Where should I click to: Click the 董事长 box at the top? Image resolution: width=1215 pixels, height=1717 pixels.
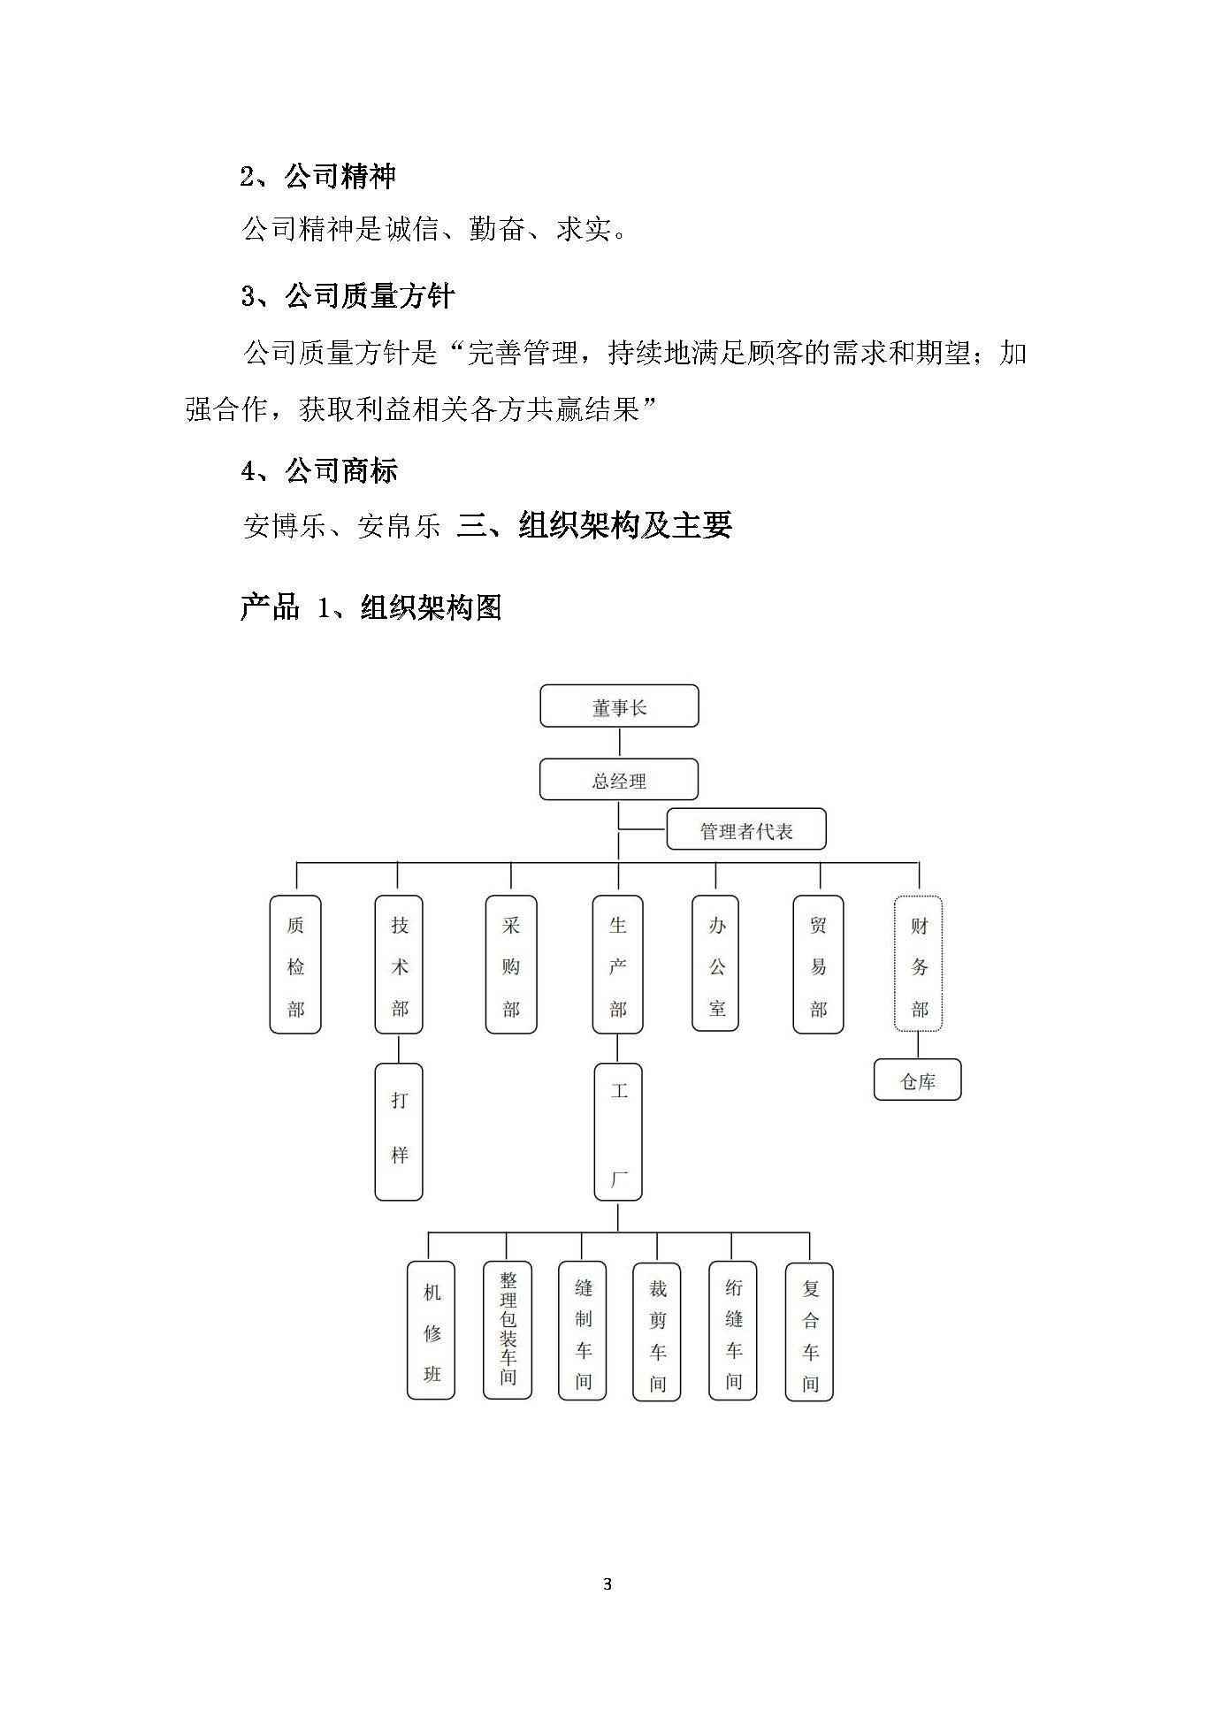[x=619, y=706]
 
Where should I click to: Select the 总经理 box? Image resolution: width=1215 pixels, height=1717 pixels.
[x=619, y=780]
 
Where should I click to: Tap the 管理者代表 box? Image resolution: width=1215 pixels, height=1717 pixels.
[x=746, y=829]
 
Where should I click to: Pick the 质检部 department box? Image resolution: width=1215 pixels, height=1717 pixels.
[x=295, y=965]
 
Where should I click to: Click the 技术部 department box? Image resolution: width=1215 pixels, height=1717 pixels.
[x=399, y=965]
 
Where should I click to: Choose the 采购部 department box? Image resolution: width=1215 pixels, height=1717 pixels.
[x=511, y=965]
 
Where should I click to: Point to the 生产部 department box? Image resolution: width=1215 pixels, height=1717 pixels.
[x=617, y=965]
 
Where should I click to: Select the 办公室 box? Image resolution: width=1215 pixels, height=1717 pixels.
[x=715, y=964]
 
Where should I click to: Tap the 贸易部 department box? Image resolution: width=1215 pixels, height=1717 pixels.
[x=819, y=965]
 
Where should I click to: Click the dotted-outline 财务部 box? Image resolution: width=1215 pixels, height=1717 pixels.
[x=919, y=964]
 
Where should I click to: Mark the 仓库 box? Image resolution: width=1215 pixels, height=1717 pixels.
[x=918, y=1080]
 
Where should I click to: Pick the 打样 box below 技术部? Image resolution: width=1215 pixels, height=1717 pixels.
[x=399, y=1132]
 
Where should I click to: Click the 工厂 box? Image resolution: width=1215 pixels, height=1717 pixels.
[x=618, y=1132]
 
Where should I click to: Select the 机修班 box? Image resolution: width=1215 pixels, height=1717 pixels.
[x=431, y=1331]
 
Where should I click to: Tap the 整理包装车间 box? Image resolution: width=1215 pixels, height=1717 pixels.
[x=508, y=1331]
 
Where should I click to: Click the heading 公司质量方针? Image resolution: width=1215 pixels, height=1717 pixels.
[x=370, y=295]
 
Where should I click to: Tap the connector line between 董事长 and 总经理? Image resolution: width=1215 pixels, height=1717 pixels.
[x=619, y=743]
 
